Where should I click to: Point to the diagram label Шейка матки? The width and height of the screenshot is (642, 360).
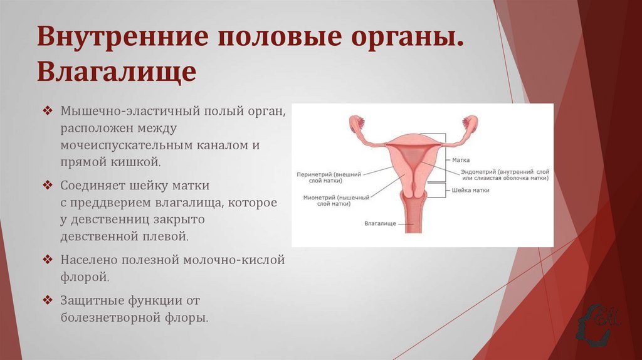(470, 189)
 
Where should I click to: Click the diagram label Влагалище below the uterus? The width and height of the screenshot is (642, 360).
(380, 223)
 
